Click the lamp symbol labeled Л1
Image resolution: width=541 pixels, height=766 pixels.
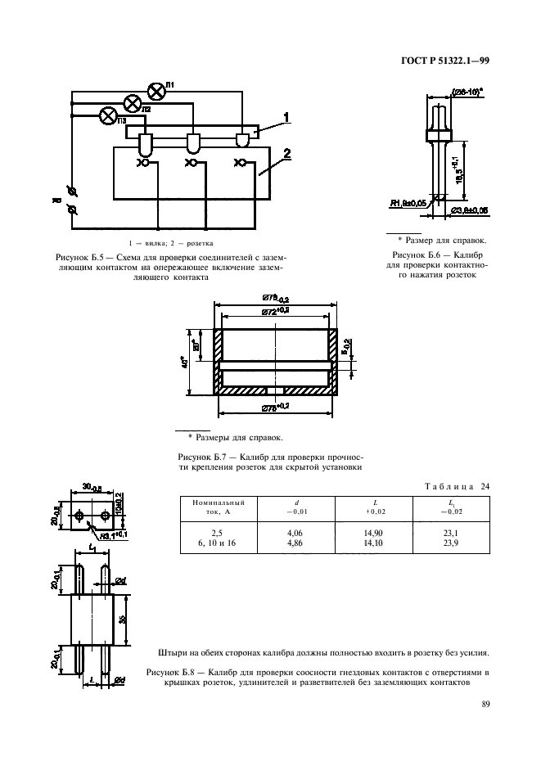coord(154,89)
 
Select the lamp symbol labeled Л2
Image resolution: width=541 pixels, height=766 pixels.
coord(131,102)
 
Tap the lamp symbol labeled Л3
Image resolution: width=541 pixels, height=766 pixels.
coord(107,116)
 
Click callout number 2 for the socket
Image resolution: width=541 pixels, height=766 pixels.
coord(288,154)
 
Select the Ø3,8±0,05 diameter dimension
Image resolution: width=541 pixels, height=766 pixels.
coord(470,210)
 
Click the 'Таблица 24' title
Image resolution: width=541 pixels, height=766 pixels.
coord(458,486)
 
